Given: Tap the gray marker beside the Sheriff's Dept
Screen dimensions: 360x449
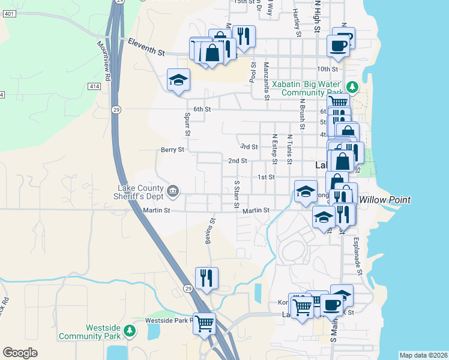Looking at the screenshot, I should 173,191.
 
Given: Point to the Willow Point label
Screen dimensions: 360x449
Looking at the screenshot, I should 385,200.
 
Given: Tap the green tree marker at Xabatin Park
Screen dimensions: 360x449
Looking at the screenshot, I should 354,88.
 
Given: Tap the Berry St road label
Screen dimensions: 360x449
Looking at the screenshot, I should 172,150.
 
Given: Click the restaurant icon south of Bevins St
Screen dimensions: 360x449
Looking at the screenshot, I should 206,277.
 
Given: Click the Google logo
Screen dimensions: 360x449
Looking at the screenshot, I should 20,353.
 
